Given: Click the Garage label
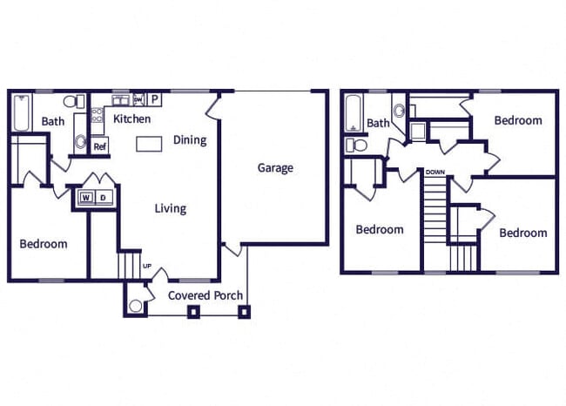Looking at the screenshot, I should [274, 168].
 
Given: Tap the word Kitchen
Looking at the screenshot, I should [131, 119].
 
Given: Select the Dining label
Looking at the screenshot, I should [189, 139].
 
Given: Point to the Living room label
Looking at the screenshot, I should [170, 208].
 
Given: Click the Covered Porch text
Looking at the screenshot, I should [205, 295].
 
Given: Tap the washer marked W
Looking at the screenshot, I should [86, 198].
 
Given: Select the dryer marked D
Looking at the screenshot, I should [103, 198].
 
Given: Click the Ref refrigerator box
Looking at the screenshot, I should [99, 146].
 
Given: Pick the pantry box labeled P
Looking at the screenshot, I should [154, 99].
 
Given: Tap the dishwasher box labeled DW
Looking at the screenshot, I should [138, 99].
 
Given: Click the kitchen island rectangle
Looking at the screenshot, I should [149, 143].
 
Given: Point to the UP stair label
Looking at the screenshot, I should [146, 266].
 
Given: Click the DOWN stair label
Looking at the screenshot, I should [435, 173].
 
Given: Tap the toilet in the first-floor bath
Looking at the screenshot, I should [79, 101].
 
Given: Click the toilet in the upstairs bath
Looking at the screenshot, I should [353, 145].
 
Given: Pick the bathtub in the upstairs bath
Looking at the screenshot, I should [354, 112].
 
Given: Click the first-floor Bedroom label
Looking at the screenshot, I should [43, 244].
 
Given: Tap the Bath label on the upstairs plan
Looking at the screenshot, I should [378, 124].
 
